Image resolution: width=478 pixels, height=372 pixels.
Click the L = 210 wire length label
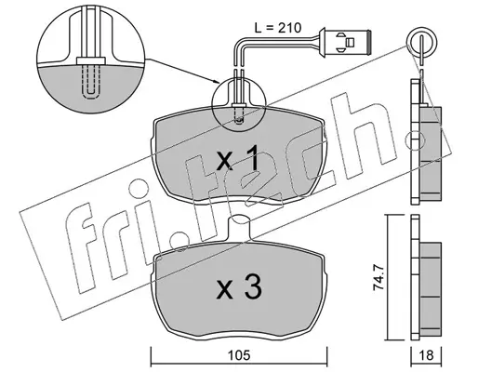click(277, 28)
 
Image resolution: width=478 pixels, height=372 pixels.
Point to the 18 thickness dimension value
click(426, 355)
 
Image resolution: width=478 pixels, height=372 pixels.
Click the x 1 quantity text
click(238, 160)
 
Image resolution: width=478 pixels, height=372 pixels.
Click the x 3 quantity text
click(239, 287)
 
